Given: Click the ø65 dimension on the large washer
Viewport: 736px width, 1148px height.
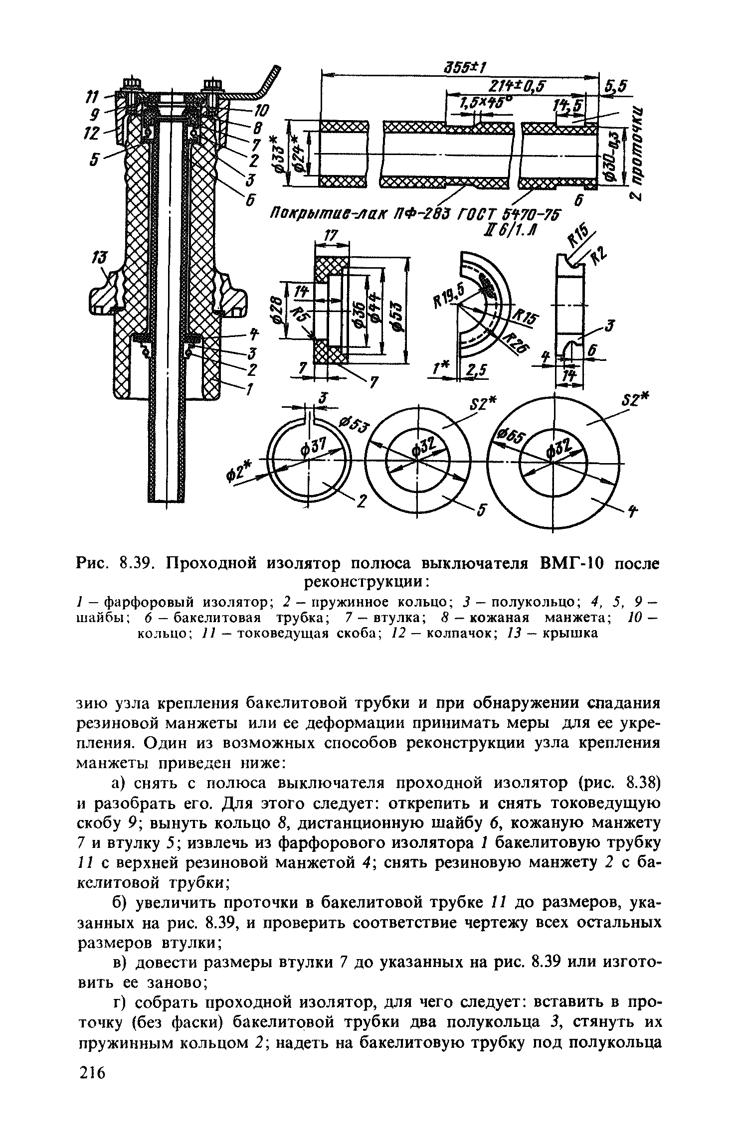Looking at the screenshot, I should [510, 438].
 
